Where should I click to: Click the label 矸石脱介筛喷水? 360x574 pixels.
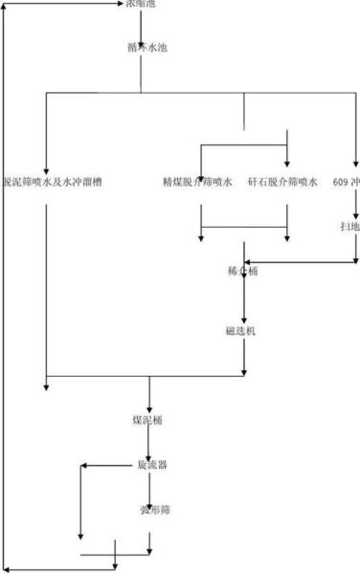click(282, 181)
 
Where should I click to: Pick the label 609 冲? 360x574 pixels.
click(346, 181)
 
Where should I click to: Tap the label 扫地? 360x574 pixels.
click(349, 227)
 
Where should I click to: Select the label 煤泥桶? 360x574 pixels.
click(147, 420)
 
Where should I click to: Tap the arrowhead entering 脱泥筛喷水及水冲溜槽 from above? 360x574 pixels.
click(46, 163)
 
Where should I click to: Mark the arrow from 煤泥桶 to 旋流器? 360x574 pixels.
click(149, 443)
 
